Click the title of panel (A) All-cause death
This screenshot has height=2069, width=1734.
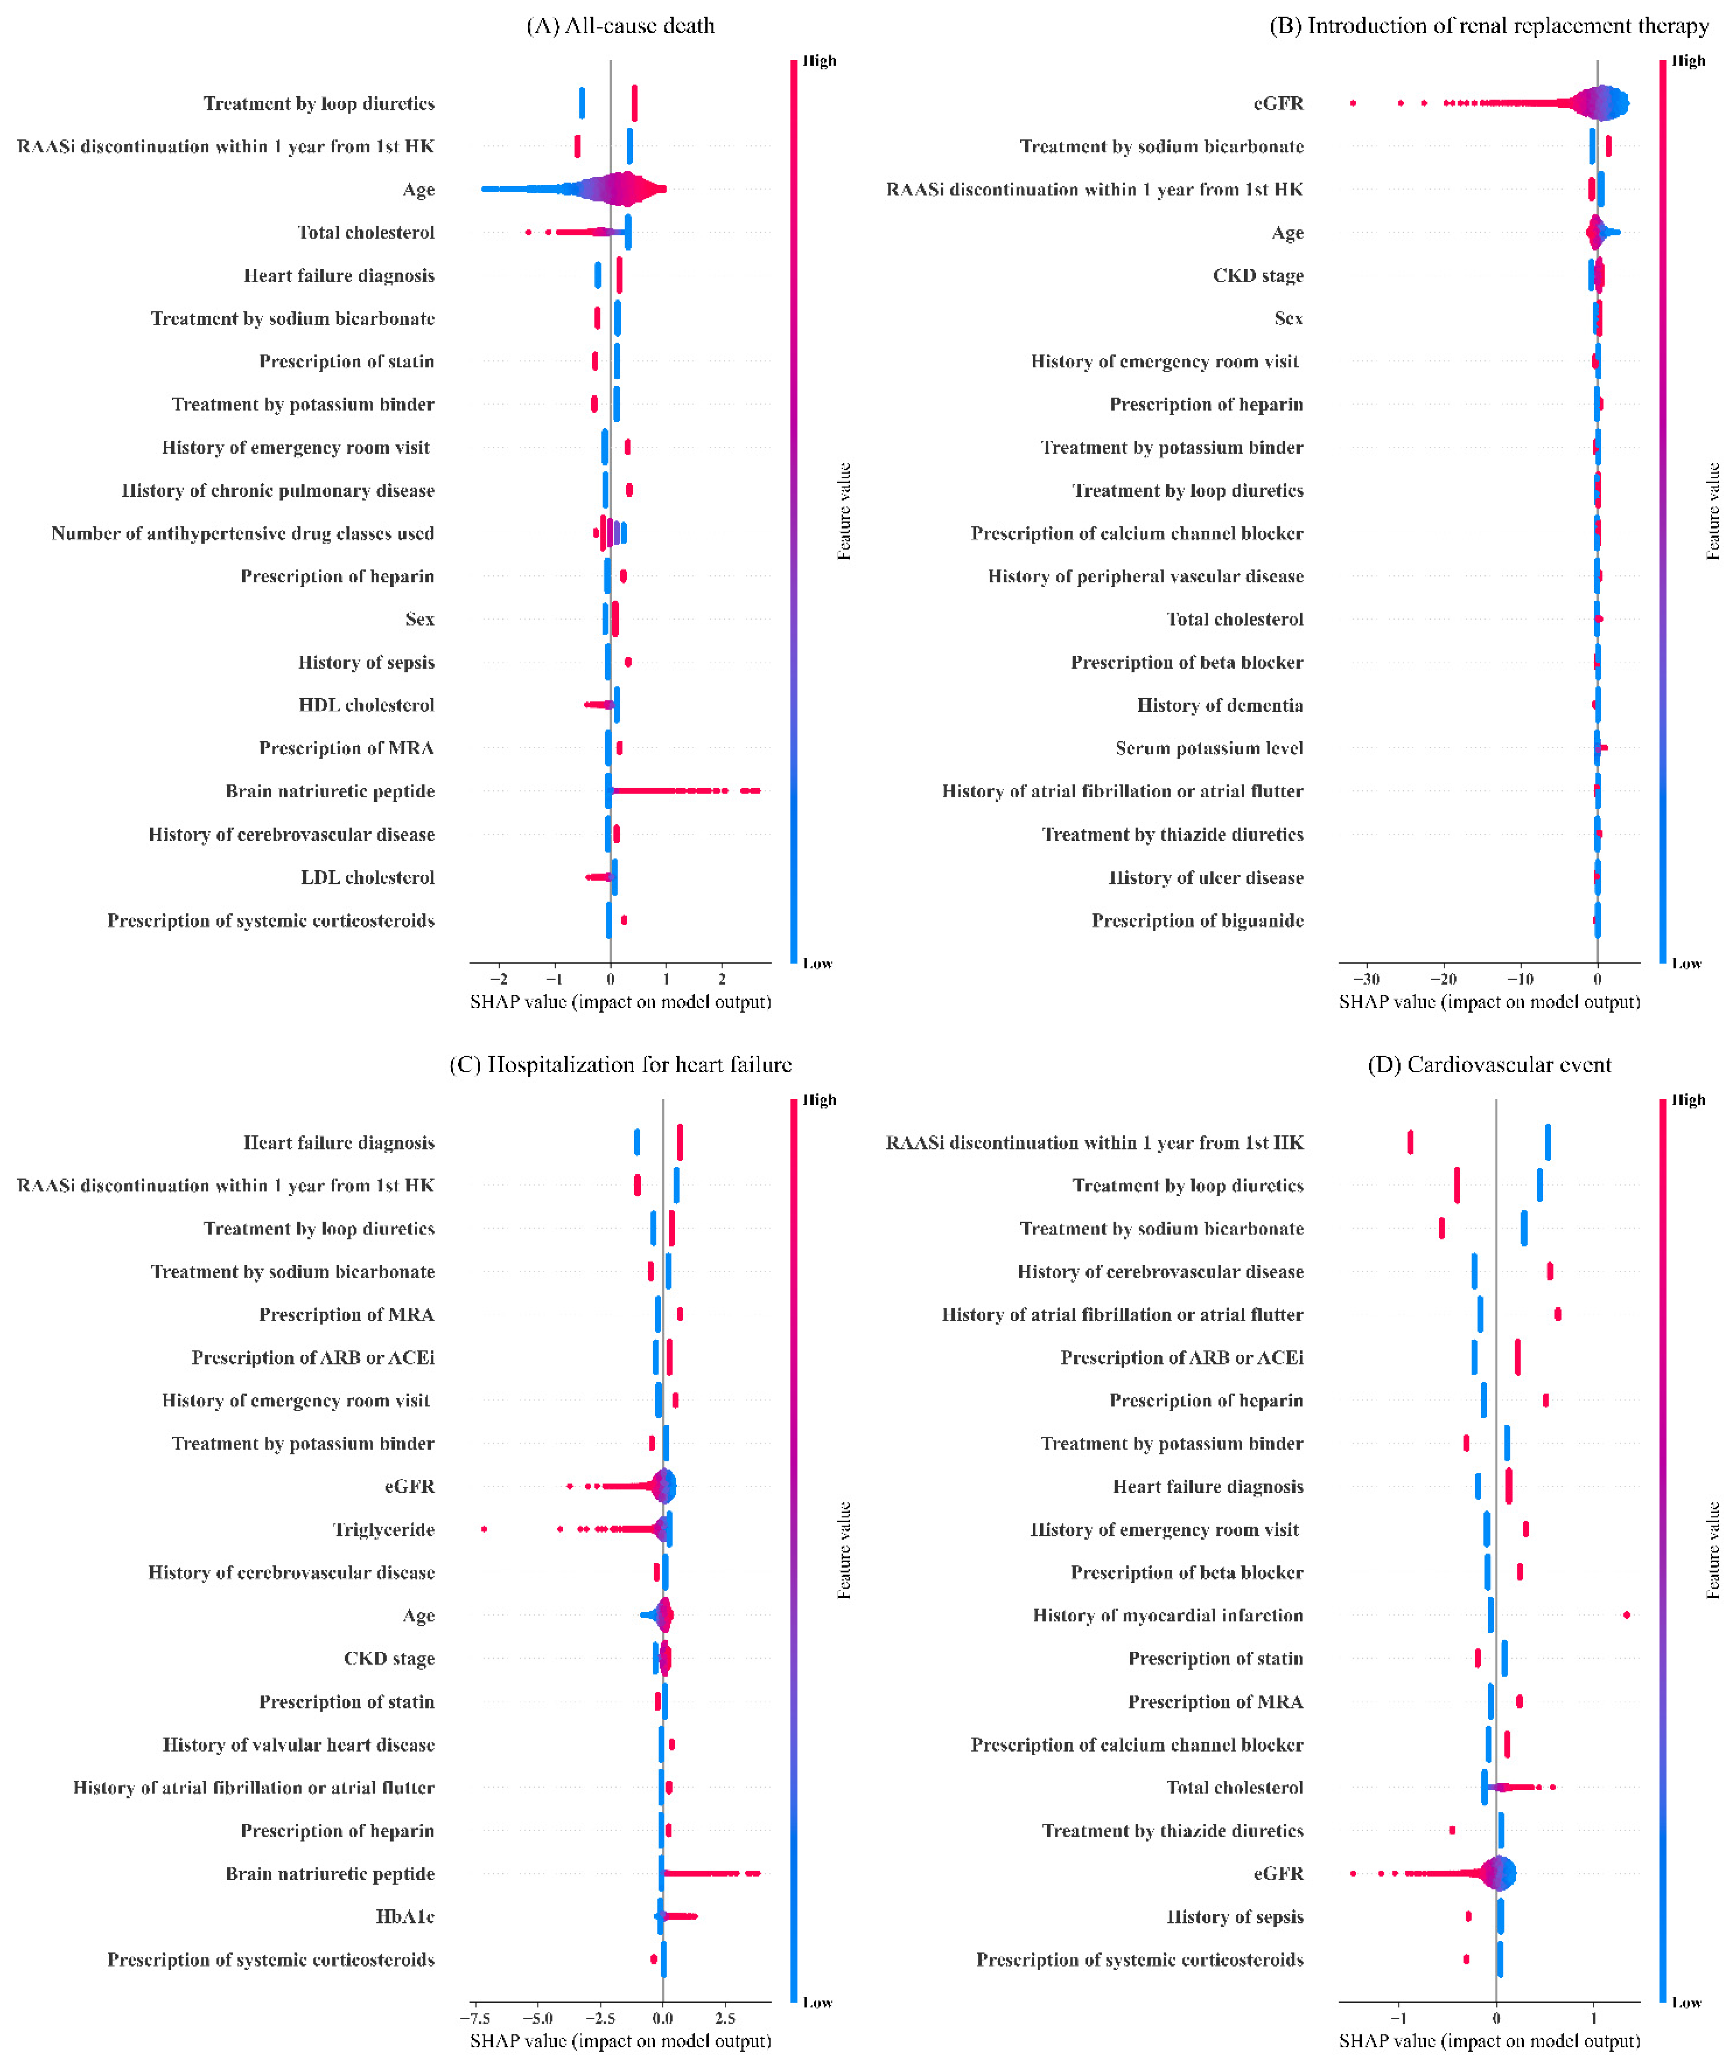[x=621, y=26]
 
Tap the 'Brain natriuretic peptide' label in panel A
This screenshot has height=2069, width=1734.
[x=330, y=791]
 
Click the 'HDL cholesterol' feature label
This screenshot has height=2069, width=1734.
[x=367, y=706]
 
